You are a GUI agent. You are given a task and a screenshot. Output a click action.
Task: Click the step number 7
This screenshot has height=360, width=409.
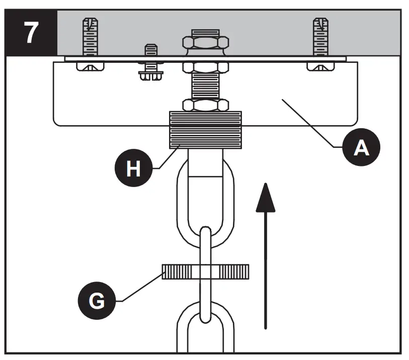[31, 33]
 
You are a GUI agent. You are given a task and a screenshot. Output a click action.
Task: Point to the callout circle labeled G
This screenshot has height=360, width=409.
[97, 301]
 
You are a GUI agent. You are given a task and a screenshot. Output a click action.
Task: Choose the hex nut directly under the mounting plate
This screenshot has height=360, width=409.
[205, 67]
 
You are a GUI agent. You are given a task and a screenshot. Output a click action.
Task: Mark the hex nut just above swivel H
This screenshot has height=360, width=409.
[205, 105]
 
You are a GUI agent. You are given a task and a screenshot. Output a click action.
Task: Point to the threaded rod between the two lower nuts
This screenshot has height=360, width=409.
[205, 85]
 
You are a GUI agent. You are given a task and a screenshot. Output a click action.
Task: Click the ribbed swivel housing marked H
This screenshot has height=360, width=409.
[205, 130]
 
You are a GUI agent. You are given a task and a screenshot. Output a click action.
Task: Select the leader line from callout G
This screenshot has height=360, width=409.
[141, 287]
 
